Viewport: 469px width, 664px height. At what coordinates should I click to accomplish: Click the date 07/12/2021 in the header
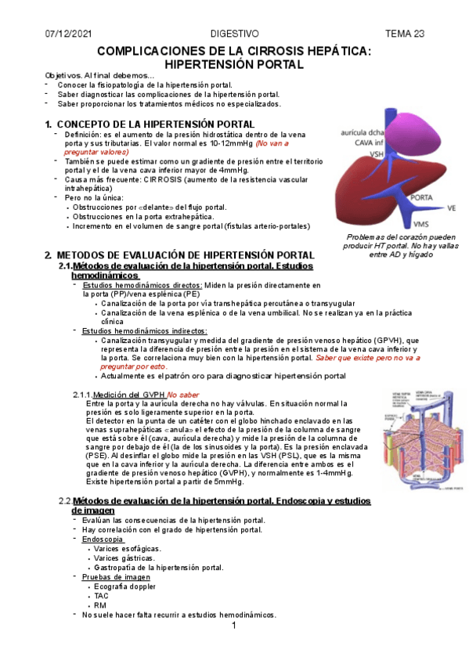68,34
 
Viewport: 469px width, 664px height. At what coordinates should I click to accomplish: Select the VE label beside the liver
451,208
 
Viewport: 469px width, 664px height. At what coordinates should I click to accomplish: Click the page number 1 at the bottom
234,629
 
